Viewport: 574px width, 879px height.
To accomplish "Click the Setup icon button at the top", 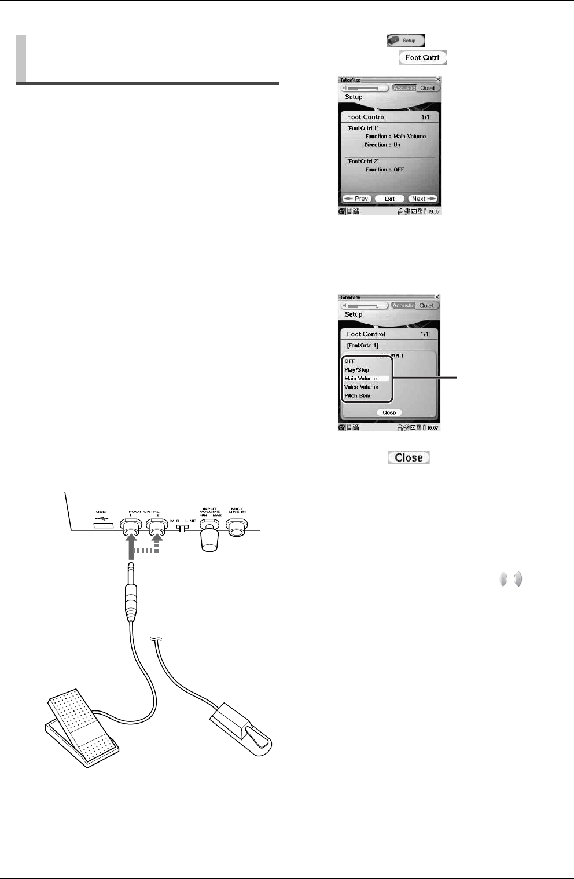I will tap(406, 41).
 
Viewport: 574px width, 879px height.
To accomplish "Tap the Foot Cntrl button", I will tap(422, 58).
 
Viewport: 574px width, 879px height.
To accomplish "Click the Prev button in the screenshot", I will tap(356, 199).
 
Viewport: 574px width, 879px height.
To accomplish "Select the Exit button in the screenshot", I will tap(389, 199).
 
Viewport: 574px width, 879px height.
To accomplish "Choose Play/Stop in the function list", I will tap(357, 369).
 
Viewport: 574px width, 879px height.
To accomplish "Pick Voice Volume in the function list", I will tap(362, 387).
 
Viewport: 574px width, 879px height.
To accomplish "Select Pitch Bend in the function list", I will tap(358, 395).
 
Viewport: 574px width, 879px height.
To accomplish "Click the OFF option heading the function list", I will tap(350, 361).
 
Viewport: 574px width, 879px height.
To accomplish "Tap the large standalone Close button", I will tap(409, 457).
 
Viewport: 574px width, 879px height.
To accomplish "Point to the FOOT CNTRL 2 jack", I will tap(157, 524).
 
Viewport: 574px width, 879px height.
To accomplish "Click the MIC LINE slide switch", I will tap(182, 528).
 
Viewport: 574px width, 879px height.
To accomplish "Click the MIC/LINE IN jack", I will tap(237, 525).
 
